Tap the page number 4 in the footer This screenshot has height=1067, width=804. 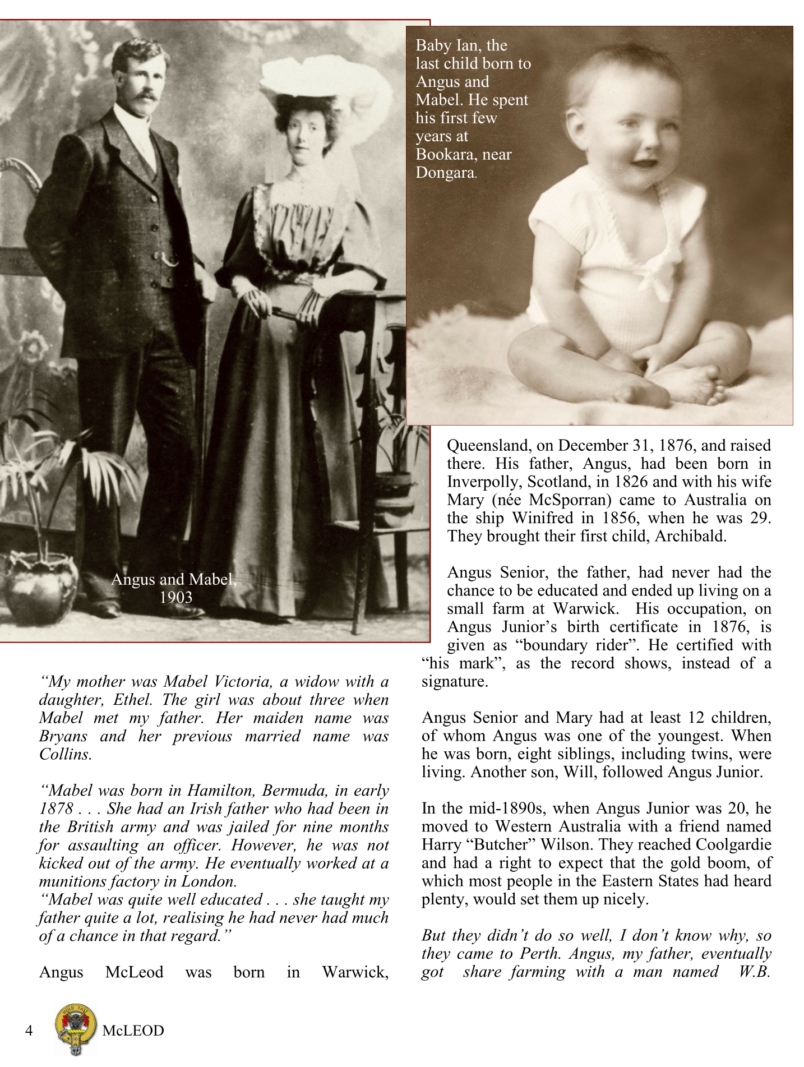tap(30, 1031)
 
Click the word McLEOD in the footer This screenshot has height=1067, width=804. tap(133, 1031)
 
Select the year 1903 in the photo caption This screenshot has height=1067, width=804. tap(175, 597)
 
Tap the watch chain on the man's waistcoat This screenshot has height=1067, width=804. tap(169, 260)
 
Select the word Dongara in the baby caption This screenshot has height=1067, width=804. tap(445, 173)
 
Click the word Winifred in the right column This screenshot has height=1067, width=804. tap(552, 518)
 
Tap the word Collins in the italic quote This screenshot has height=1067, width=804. tap(65, 754)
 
